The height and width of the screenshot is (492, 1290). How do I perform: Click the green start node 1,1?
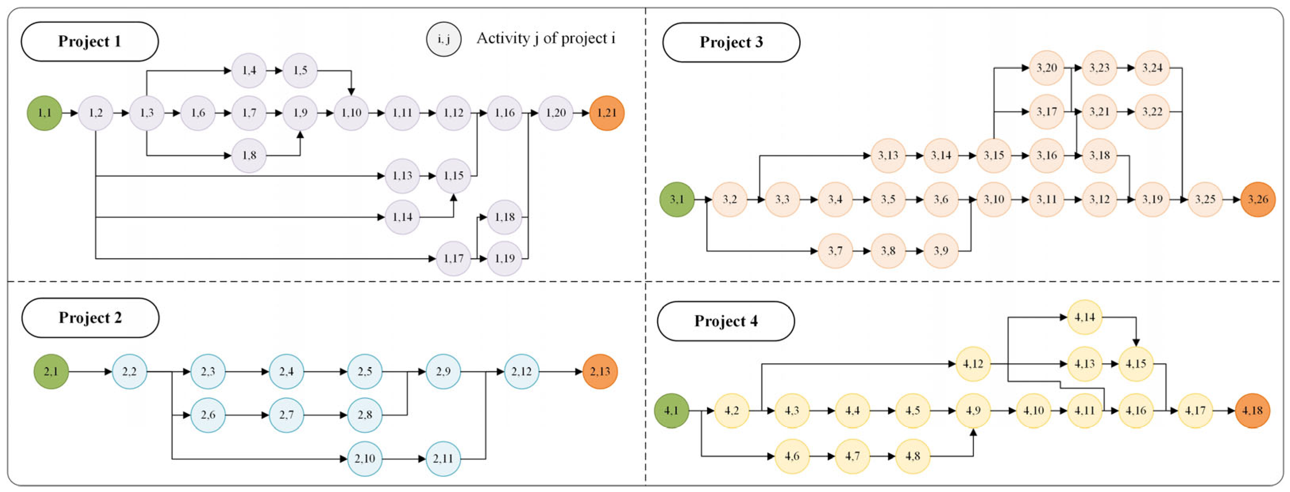coord(44,113)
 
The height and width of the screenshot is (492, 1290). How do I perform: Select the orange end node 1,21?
coord(607,113)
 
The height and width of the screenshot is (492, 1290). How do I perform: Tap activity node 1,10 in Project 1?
coord(351,113)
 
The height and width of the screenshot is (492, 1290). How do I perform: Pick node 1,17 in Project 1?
coord(453,258)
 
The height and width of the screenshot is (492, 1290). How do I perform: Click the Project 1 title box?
coord(90,42)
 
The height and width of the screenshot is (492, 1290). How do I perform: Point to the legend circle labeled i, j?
coord(444,38)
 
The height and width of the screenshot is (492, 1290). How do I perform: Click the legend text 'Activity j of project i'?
coord(546,38)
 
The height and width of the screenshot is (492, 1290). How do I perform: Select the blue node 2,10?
coord(365,458)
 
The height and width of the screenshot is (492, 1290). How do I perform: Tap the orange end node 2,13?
coord(600,371)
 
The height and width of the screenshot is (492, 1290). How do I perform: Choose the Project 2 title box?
coord(90,318)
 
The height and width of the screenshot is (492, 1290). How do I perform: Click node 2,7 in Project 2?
coord(286,415)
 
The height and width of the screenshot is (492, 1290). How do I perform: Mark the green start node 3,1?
coord(677,199)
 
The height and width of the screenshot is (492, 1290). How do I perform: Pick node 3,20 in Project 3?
coord(1047,67)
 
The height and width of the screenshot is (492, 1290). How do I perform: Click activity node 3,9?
coord(941,251)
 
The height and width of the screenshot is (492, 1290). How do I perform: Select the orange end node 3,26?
coord(1258,199)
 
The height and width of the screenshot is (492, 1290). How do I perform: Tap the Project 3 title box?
coord(731,42)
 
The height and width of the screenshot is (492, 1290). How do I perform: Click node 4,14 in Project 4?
coord(1085,317)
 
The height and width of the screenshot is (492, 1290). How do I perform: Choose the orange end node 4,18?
coord(1252,410)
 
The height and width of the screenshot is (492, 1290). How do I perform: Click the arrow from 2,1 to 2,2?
coord(90,371)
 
